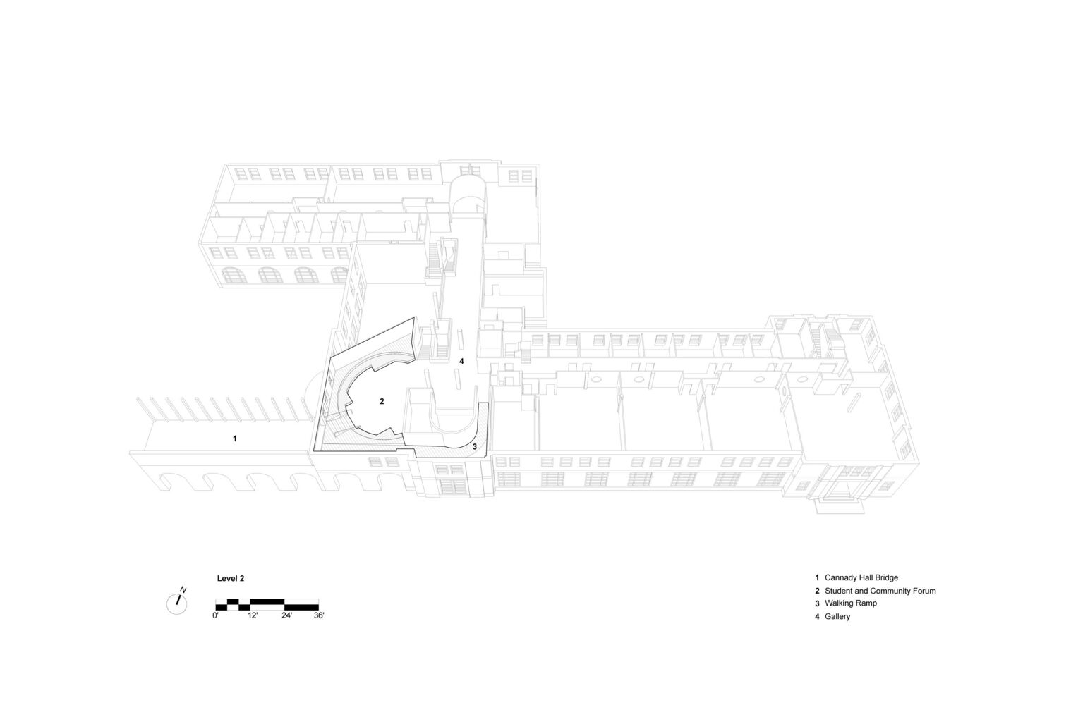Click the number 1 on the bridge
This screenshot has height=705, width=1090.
click(x=234, y=439)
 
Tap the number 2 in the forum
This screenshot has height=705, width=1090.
click(x=382, y=402)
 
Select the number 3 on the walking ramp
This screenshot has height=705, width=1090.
click(x=474, y=446)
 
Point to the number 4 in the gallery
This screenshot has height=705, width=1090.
click(x=461, y=361)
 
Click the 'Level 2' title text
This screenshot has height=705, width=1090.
click(x=231, y=579)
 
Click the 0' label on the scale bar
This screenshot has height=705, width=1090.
click(x=216, y=615)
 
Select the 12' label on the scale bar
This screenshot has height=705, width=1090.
click(x=253, y=615)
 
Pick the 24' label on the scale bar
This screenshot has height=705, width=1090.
click(x=286, y=615)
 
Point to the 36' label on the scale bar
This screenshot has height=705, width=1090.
click(x=319, y=615)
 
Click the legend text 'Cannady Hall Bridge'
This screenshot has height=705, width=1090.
click(x=861, y=577)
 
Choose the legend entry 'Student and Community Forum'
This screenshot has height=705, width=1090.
click(x=880, y=591)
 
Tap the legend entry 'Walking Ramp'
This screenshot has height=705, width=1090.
click(x=851, y=603)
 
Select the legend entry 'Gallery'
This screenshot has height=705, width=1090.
click(x=837, y=616)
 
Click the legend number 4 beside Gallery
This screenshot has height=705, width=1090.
click(x=818, y=616)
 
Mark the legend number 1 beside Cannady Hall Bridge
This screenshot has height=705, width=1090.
click(x=818, y=577)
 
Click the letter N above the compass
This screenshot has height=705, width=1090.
click(x=183, y=590)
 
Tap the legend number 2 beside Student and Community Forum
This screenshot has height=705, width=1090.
click(x=818, y=591)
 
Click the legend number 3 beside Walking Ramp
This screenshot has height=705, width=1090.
click(x=818, y=603)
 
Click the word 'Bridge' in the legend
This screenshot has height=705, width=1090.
click(x=886, y=577)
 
